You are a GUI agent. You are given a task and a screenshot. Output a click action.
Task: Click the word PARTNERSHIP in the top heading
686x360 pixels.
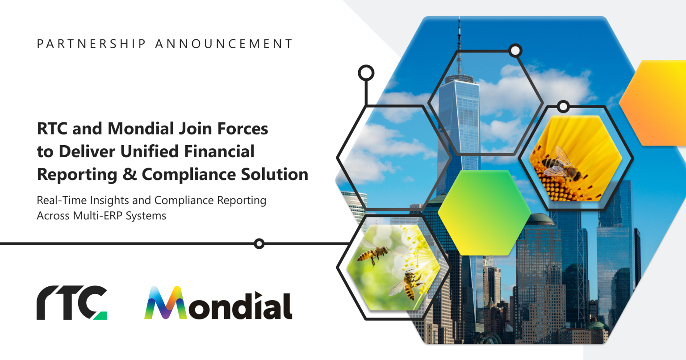click(x=91, y=44)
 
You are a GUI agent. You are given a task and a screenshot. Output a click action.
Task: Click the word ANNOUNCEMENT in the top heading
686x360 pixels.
click(x=224, y=44)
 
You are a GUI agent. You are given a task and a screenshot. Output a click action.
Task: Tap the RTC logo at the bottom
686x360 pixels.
click(x=71, y=303)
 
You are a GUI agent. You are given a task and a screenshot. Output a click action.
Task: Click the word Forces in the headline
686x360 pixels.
click(x=243, y=129)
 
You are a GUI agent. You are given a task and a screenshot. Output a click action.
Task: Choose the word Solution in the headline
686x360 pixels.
click(x=274, y=174)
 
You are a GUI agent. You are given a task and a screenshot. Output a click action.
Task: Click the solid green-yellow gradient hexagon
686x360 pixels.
click(x=484, y=212)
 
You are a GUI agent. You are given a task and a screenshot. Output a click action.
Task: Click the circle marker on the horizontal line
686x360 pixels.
click(x=259, y=244)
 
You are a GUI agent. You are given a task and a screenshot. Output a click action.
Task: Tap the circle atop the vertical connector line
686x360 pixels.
click(x=366, y=73)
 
